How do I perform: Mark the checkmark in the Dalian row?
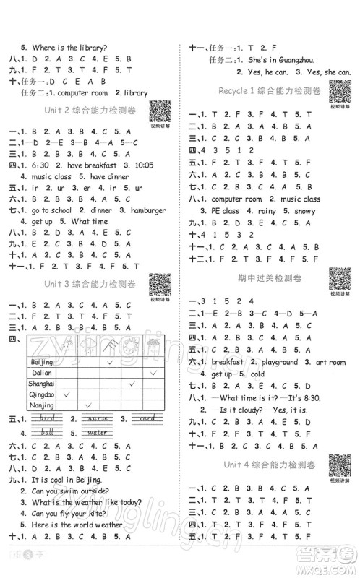153,372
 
